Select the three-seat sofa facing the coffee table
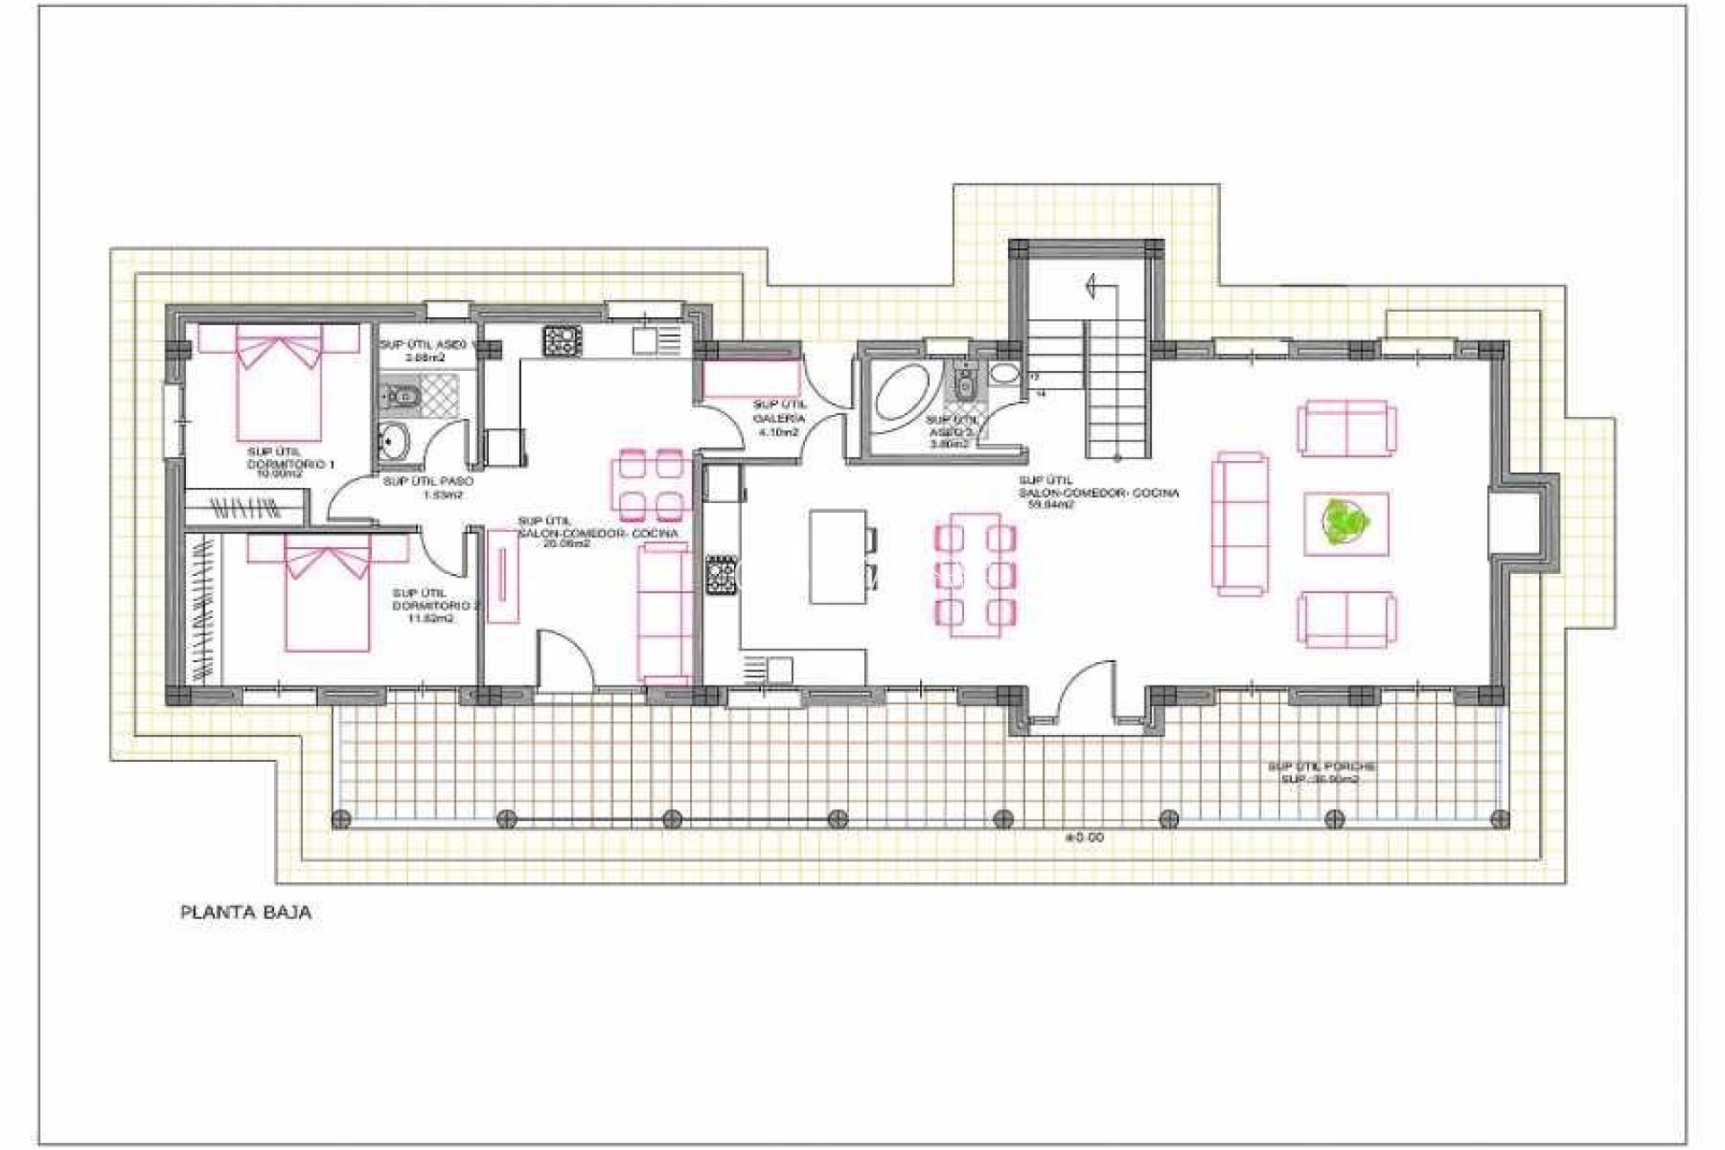coord(1242,524)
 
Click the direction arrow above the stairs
coord(1095,286)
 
